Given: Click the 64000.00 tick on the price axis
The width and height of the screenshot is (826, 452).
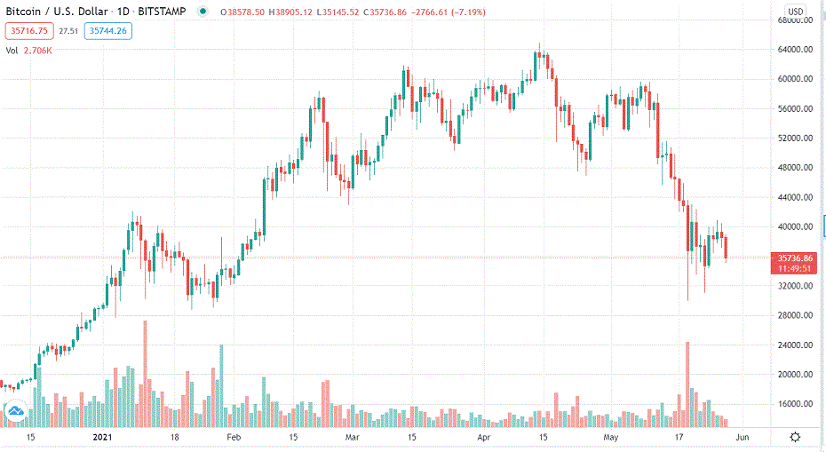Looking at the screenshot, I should (x=796, y=50).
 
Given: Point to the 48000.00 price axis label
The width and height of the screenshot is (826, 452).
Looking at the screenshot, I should (x=796, y=168).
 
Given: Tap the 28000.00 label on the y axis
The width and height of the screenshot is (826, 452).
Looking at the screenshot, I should (x=796, y=315).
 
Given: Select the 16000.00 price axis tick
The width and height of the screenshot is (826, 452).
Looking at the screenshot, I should (x=796, y=404).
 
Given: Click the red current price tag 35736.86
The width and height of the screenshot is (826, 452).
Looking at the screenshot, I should (x=796, y=258).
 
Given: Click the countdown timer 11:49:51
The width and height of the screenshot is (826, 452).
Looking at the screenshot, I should (x=796, y=268).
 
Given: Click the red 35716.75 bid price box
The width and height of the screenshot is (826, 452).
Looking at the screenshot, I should (x=29, y=30).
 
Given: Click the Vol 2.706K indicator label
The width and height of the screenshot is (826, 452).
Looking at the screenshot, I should (x=29, y=51).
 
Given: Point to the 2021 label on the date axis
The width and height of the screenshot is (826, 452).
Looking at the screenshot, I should (x=103, y=438).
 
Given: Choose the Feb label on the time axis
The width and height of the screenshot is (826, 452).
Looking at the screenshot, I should (x=233, y=438).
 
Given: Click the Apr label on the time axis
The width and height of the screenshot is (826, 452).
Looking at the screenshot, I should (x=484, y=438).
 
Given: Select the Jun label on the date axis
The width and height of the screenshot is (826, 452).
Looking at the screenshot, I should (x=743, y=438).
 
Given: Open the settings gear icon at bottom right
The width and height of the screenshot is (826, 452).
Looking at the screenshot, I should (x=795, y=438).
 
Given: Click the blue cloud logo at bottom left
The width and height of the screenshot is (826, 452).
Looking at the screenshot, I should (x=15, y=411).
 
